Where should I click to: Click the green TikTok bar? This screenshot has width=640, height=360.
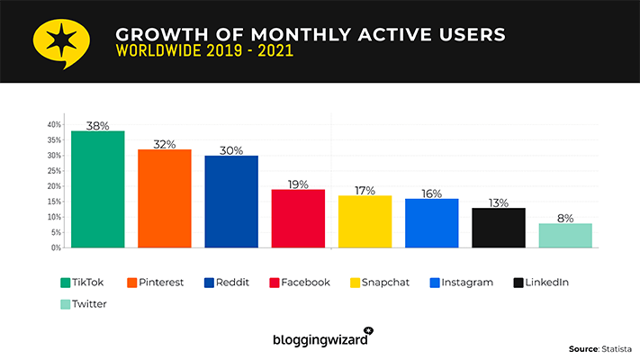[98, 189]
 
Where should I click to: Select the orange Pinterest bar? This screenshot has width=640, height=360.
[164, 198]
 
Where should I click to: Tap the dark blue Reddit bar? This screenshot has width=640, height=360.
[231, 201]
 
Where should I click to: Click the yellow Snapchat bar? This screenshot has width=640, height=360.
[365, 220]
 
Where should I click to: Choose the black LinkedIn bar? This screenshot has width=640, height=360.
[498, 227]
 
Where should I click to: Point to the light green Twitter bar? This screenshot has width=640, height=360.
[565, 235]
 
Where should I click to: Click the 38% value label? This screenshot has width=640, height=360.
[98, 126]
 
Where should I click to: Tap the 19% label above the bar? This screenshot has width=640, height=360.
[298, 184]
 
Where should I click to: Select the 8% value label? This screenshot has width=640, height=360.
[565, 218]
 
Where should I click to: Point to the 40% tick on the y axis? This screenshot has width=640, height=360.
[54, 124]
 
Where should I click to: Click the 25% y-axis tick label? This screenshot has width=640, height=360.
[54, 170]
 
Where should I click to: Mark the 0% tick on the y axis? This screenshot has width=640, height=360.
[56, 247]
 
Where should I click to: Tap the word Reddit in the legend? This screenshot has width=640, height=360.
[232, 282]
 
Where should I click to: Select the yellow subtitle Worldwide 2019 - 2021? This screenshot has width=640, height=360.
[204, 51]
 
